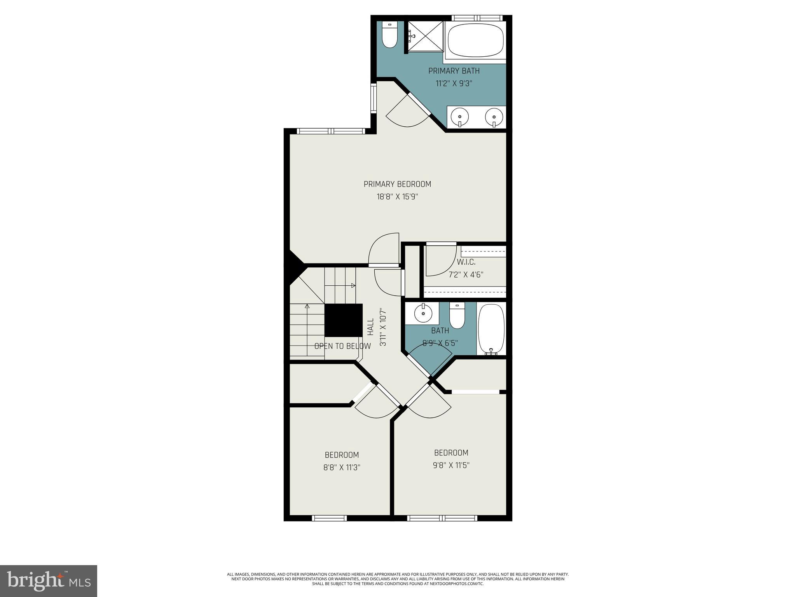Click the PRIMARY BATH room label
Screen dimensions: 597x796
click(454, 71)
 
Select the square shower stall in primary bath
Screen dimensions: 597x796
click(425, 36)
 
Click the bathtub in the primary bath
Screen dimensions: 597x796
click(475, 40)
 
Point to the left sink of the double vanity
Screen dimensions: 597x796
click(460, 117)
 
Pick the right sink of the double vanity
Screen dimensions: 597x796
click(494, 117)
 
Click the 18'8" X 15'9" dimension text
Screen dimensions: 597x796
click(397, 197)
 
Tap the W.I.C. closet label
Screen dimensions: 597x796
click(466, 262)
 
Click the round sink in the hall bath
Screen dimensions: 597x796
click(422, 313)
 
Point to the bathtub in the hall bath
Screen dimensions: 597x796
click(491, 329)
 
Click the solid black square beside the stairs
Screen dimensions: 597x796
click(343, 320)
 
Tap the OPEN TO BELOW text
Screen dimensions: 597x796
click(342, 346)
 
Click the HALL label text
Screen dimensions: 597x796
click(370, 327)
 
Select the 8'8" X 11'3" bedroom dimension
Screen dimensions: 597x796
click(342, 468)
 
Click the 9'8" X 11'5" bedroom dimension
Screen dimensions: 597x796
click(451, 465)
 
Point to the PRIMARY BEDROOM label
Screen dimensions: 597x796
click(397, 184)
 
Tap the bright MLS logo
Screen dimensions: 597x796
click(48, 581)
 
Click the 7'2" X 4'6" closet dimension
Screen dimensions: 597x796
click(466, 275)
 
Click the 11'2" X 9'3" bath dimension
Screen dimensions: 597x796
click(454, 84)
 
